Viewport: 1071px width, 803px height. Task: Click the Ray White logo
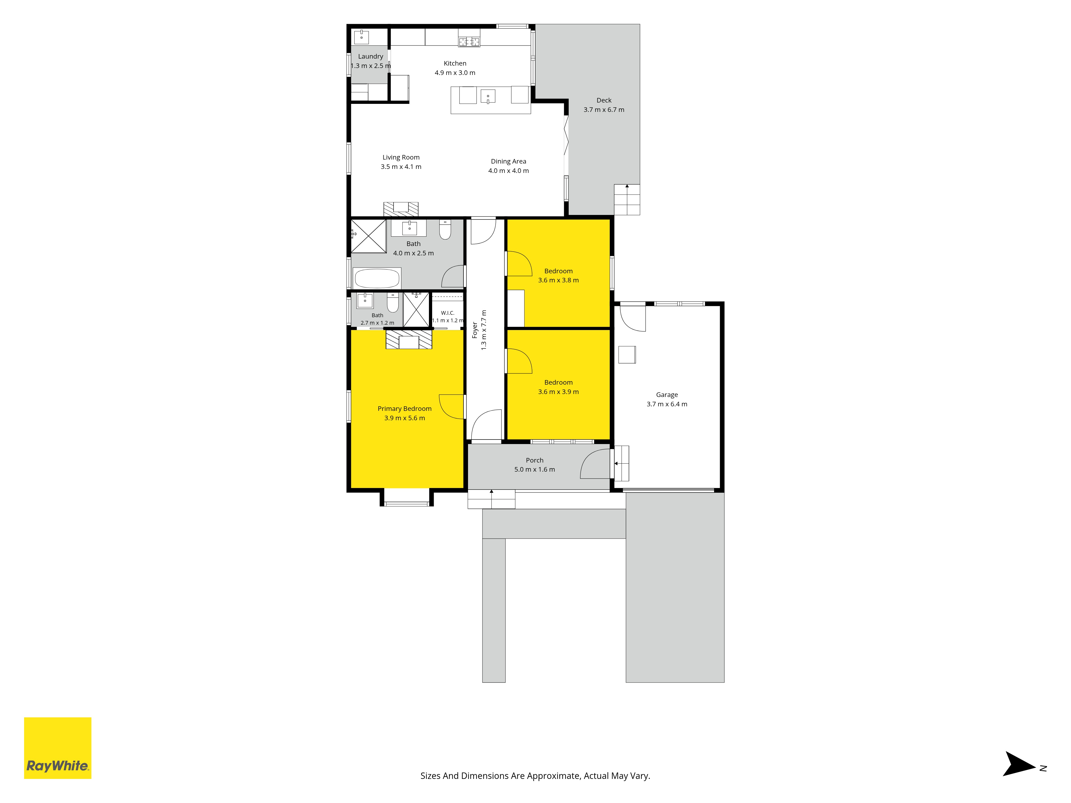pos(58,748)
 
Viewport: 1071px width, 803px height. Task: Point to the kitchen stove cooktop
pos(469,42)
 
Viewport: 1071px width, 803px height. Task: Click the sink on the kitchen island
pos(488,96)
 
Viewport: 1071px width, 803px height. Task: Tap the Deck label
pos(604,100)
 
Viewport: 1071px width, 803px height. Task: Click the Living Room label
pos(401,157)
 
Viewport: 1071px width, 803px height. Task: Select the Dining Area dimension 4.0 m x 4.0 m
pos(508,171)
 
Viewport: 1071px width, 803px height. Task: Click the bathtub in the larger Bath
pos(377,278)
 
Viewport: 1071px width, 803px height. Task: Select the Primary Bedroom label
pos(404,408)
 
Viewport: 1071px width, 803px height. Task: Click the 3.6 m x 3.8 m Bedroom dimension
pos(558,280)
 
